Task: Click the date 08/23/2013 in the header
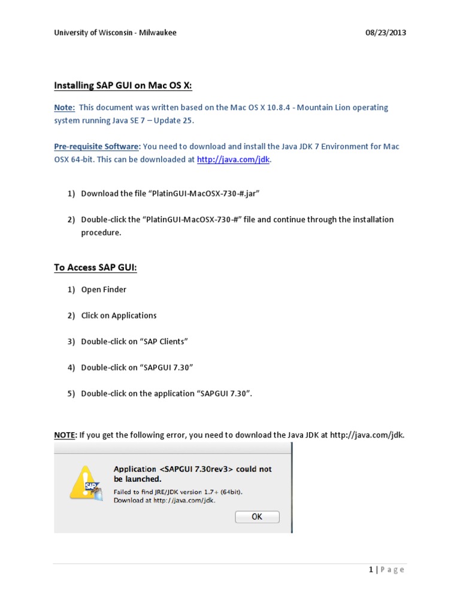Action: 386,32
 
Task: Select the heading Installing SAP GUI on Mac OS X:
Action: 123,86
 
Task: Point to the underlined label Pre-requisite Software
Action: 96,147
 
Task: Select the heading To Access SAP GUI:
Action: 95,268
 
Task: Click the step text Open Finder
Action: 104,290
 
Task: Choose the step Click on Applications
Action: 119,315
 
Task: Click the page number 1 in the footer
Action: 371,569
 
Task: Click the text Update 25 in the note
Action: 175,120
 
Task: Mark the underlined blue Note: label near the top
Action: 64,108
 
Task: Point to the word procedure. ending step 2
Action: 101,232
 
